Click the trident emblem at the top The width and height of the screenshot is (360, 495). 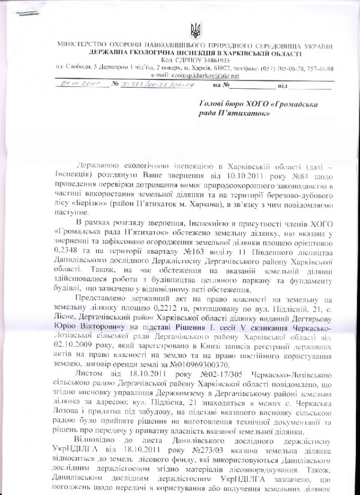pyautogui.click(x=195, y=29)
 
